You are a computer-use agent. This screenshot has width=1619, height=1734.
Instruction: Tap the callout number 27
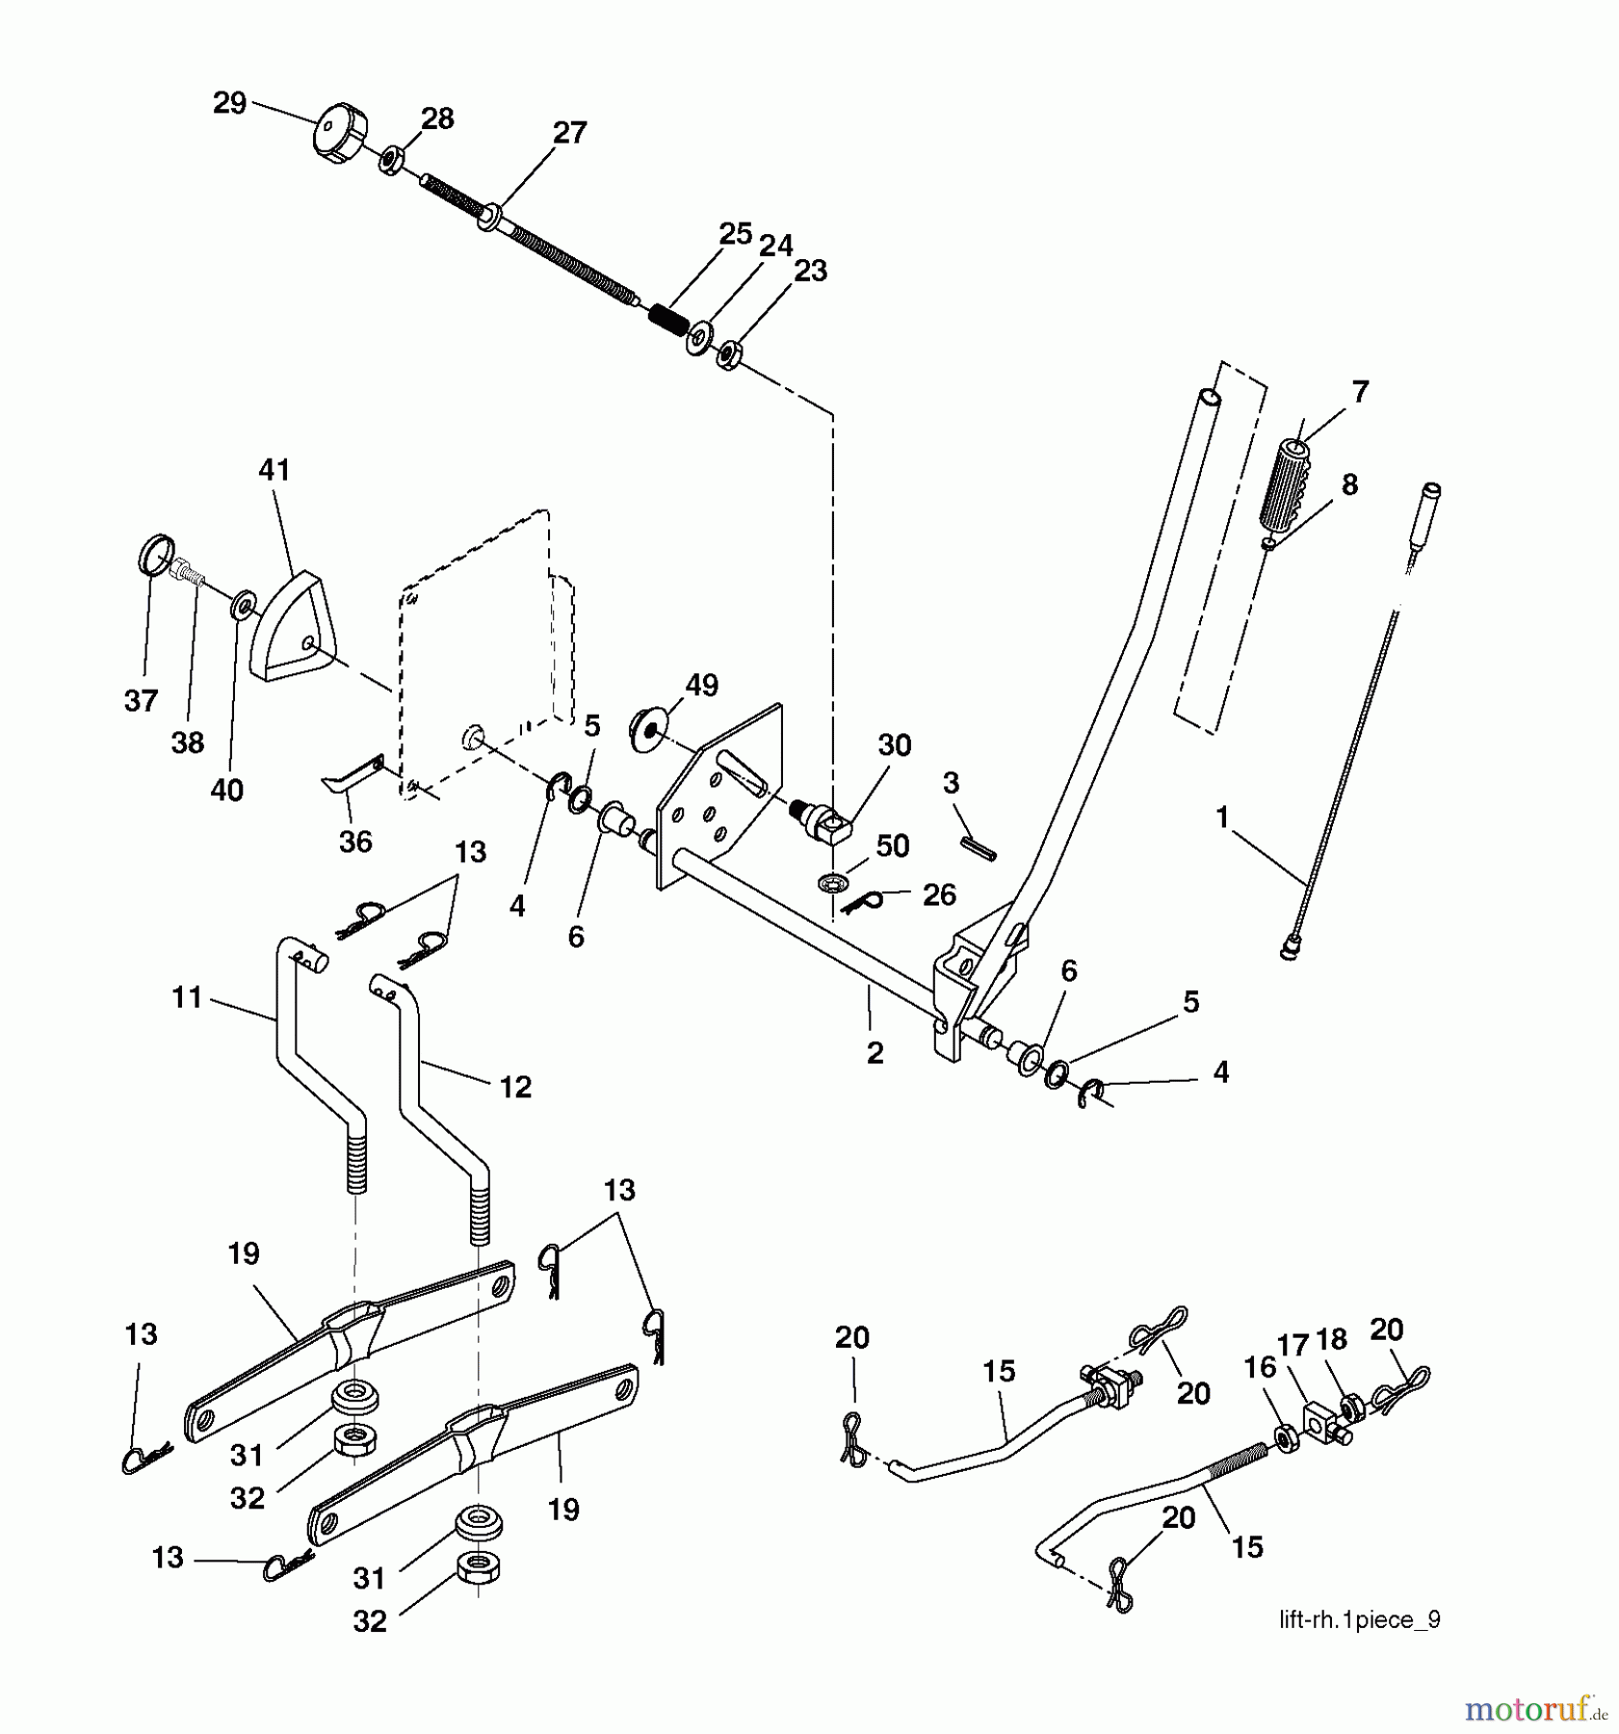(x=569, y=133)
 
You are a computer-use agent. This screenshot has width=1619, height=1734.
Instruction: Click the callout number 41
(x=274, y=470)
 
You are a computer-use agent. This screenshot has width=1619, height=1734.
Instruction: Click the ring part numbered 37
(x=156, y=556)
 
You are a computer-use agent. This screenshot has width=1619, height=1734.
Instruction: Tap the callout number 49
(x=701, y=686)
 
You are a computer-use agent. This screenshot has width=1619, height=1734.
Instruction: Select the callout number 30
(x=895, y=745)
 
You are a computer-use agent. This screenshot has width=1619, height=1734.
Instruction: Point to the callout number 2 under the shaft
(x=875, y=1053)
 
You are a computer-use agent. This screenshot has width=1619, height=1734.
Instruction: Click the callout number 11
(x=187, y=997)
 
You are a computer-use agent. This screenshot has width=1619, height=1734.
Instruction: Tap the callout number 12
(x=515, y=1087)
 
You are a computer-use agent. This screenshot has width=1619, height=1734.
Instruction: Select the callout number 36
(x=355, y=841)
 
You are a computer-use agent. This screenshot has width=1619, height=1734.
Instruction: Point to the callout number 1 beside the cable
(x=1221, y=818)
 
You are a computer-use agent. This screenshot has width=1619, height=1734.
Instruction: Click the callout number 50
(x=893, y=846)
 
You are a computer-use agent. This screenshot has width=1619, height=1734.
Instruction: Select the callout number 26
(x=939, y=895)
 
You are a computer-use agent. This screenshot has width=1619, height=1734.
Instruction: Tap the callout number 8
(x=1349, y=485)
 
